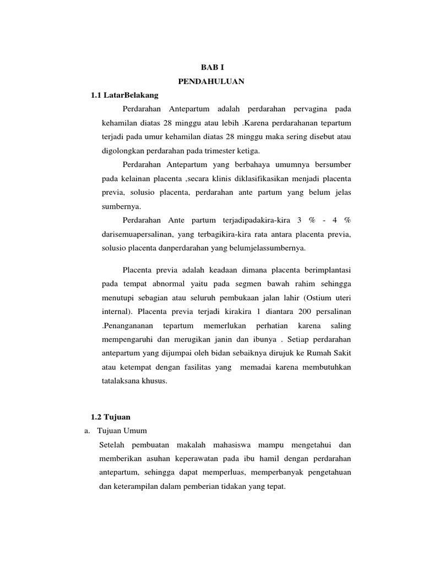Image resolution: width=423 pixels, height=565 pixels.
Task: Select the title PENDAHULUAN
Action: (211, 82)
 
